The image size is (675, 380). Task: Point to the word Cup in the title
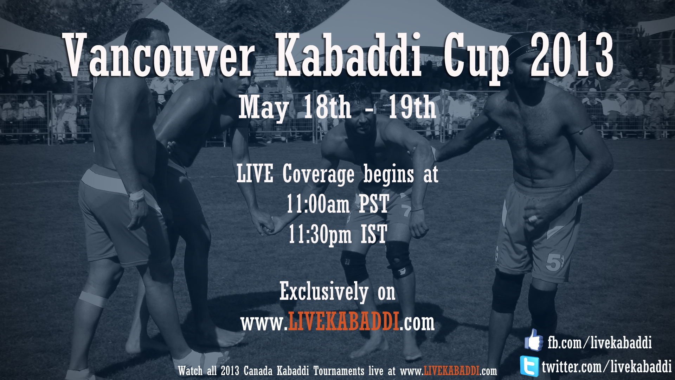click(x=476, y=58)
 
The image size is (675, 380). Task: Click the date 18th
click(x=327, y=107)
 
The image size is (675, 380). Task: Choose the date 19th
click(x=412, y=107)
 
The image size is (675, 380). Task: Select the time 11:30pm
click(x=320, y=234)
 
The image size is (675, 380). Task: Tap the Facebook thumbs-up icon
click(x=534, y=340)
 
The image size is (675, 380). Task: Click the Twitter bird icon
click(x=529, y=366)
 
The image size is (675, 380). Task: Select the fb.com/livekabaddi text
click(x=599, y=342)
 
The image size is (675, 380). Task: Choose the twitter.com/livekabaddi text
click(x=606, y=367)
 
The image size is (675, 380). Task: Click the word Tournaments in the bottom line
click(x=339, y=371)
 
